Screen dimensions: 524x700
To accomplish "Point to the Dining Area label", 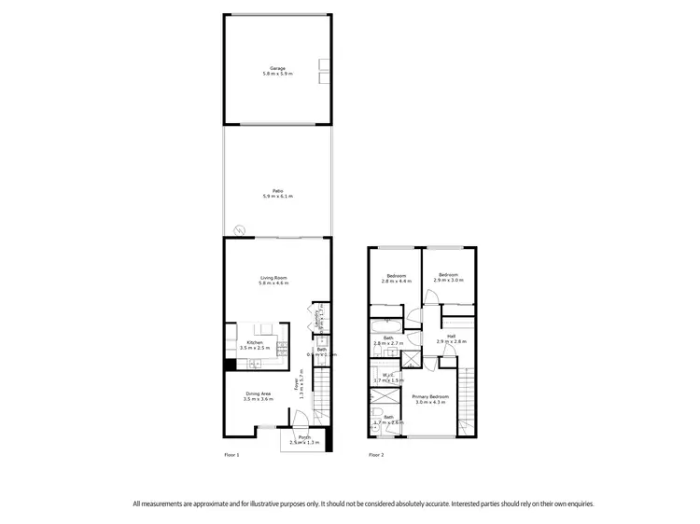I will tap(259, 395).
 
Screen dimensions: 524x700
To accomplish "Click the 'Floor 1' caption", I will tap(232, 455).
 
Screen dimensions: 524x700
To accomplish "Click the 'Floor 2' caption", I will tap(376, 455).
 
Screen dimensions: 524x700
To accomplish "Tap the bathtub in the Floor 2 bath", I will tap(384, 325).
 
